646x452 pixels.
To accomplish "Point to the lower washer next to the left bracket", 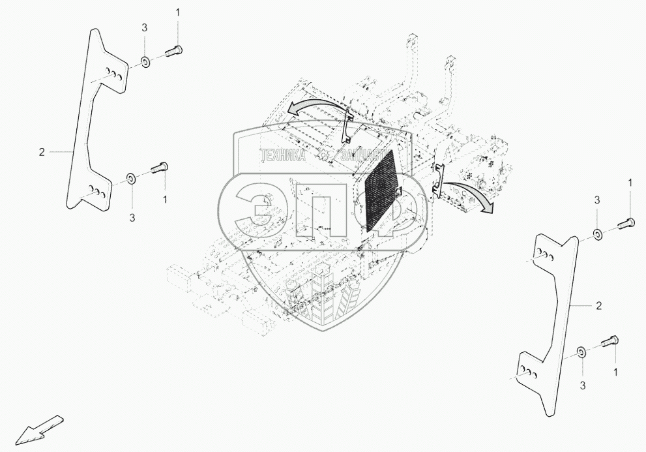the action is (x=130, y=177).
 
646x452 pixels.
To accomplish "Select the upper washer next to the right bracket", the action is (x=598, y=234).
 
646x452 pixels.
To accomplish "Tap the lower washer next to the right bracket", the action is (x=580, y=353).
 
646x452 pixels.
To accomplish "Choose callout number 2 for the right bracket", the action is (x=598, y=305).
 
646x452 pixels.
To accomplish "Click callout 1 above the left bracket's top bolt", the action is (x=177, y=12).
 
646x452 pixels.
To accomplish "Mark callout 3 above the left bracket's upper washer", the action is (x=145, y=27).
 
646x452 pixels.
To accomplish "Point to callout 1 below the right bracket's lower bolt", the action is (x=615, y=371).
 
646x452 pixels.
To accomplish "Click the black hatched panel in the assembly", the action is (x=380, y=190).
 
